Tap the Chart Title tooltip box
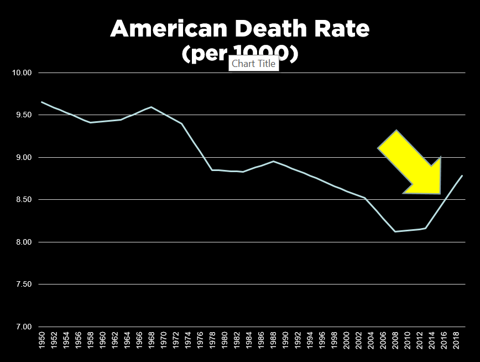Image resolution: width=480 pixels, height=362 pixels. [253, 64]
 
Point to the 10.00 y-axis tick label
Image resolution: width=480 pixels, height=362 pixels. [22, 73]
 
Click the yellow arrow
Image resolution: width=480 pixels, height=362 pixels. [412, 163]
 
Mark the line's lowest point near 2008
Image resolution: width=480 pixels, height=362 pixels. [395, 231]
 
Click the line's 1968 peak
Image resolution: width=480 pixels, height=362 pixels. [151, 107]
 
